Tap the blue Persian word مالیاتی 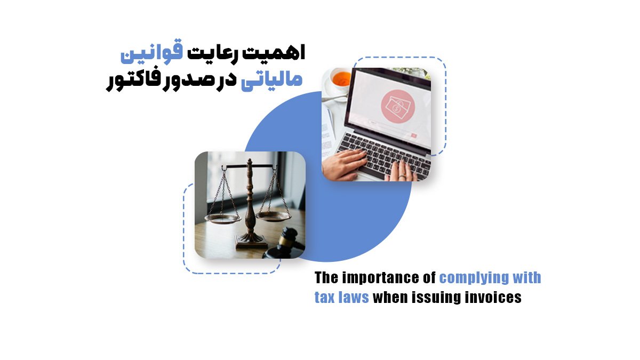coord(271,81)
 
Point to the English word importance coord(389,278)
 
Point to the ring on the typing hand coord(402,177)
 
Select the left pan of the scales coord(223,219)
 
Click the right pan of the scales coord(273,216)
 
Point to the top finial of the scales coord(250,162)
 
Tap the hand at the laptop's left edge coord(345,165)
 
